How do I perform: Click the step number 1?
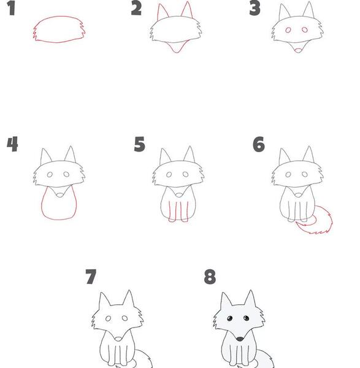[11, 8]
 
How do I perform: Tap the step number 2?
[136, 8]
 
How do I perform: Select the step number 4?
[12, 144]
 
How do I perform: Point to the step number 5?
[140, 144]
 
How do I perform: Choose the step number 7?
[91, 277]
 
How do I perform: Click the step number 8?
[210, 277]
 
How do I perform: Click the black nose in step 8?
[240, 339]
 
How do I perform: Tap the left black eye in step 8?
[230, 318]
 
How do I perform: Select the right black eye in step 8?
[246, 318]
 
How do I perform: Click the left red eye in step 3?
[288, 30]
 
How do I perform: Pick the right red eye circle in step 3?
[305, 30]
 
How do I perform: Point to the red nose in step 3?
[298, 50]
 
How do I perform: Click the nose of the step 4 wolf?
[60, 195]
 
